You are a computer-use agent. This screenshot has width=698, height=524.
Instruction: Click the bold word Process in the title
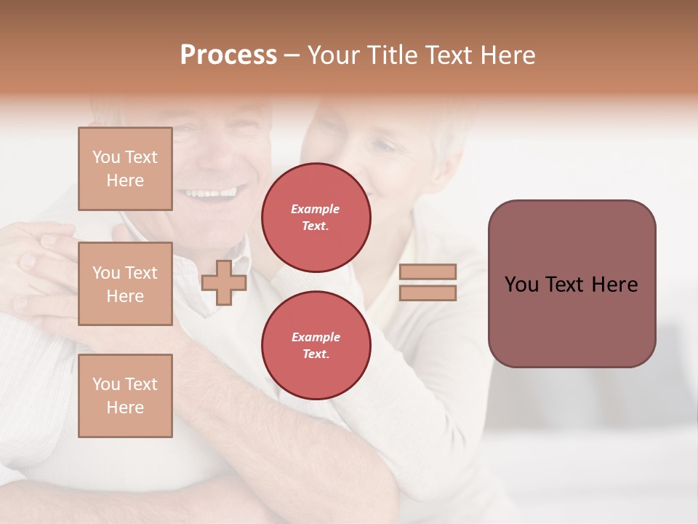(228, 55)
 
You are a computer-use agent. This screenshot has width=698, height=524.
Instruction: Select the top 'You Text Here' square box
(125, 169)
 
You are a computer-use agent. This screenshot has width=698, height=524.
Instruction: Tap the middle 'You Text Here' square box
(125, 284)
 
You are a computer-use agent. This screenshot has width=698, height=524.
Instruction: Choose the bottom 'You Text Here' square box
(125, 396)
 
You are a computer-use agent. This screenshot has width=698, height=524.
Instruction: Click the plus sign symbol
(224, 282)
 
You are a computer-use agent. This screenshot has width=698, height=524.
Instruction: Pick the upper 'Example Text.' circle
(316, 218)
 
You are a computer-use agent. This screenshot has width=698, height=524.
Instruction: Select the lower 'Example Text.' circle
(316, 346)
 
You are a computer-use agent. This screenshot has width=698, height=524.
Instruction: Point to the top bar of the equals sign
(428, 272)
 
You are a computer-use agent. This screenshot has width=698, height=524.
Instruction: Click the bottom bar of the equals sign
(428, 293)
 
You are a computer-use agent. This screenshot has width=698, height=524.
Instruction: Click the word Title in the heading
(393, 55)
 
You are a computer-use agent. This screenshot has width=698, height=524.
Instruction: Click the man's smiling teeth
(211, 194)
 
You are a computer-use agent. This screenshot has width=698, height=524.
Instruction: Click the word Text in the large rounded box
(571, 285)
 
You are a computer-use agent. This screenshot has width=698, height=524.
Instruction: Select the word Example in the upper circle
(316, 210)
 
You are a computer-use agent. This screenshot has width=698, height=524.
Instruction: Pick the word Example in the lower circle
(316, 338)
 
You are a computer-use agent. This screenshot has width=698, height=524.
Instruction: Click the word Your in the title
(334, 55)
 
